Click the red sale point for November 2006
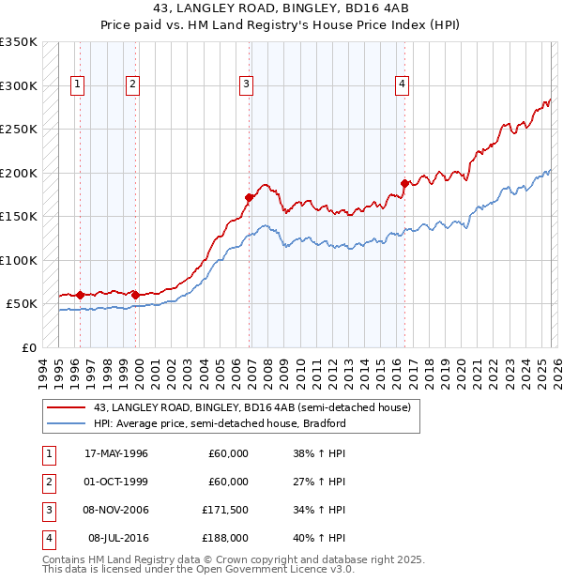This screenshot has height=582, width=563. (250, 198)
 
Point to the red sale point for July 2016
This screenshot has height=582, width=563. (404, 183)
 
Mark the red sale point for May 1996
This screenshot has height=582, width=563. (80, 295)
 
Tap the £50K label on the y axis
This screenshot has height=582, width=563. (21, 304)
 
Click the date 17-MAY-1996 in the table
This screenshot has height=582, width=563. (116, 453)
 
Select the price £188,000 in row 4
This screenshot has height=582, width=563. (228, 538)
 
